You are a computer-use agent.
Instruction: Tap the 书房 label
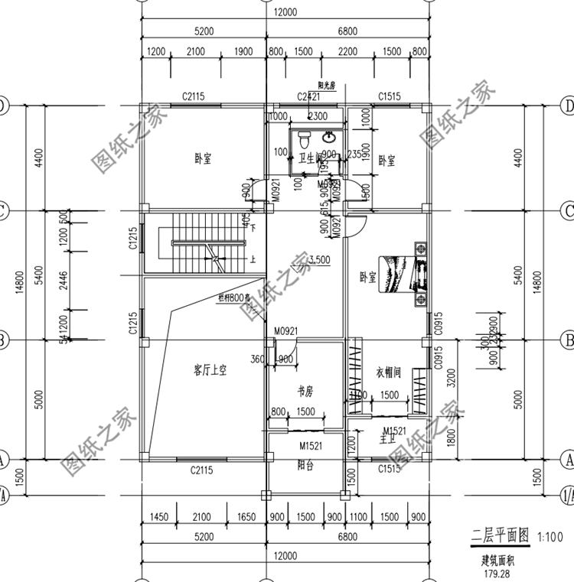(305, 392)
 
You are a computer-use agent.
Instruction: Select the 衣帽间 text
(389, 372)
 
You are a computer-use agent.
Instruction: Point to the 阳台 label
(305, 465)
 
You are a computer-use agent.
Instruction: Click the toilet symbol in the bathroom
(304, 139)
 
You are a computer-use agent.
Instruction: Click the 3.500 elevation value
(318, 259)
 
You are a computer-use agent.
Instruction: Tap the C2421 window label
(308, 96)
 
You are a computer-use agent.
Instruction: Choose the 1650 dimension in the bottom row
(245, 518)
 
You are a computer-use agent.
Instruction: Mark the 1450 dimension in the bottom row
(158, 518)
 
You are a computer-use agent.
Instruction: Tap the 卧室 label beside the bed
(368, 277)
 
